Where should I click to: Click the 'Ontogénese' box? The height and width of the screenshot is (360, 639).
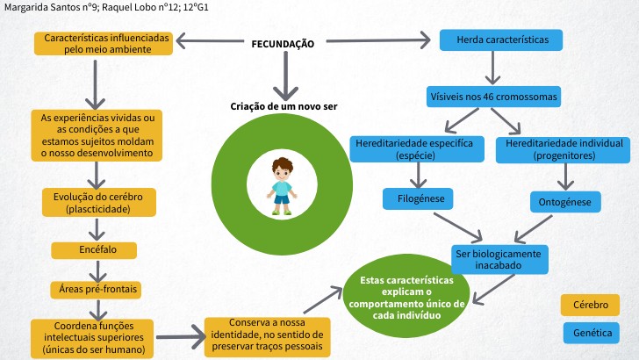[x=564, y=203]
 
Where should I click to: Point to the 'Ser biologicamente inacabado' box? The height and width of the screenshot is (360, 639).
[x=499, y=258]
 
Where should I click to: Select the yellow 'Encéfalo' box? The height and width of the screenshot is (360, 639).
[x=95, y=250]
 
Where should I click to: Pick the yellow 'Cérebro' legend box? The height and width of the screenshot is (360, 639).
[x=590, y=305]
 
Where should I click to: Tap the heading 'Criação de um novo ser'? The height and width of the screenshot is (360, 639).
[x=284, y=106]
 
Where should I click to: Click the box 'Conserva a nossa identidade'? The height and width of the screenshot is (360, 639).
[x=267, y=335]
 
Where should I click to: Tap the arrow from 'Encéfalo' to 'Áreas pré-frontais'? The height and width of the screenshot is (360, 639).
[x=95, y=270]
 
